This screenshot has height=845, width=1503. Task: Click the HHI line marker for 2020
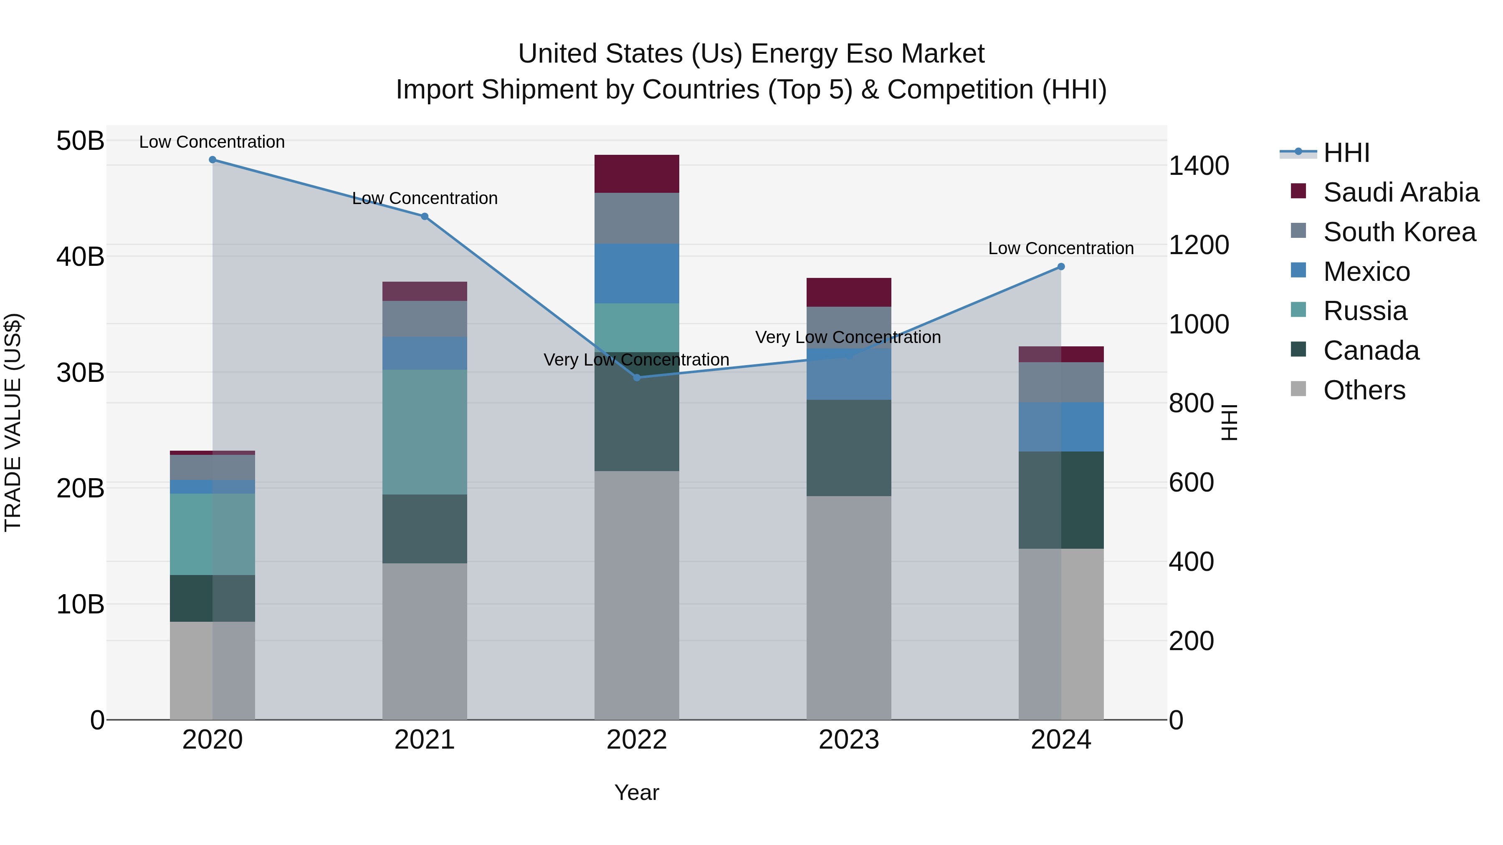coord(213,160)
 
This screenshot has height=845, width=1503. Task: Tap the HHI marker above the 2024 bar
coord(1061,267)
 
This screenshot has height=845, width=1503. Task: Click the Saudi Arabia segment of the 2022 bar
coord(637,174)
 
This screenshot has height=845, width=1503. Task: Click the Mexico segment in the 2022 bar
coord(637,273)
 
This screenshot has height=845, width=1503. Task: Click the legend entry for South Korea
coord(1399,232)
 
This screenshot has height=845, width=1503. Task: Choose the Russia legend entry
coord(1365,311)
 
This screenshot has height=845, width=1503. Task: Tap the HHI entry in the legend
coord(1346,153)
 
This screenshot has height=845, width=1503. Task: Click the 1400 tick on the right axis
coord(1198,166)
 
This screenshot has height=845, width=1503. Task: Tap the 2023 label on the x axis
coord(848,740)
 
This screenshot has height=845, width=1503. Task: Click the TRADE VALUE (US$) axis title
coord(13,422)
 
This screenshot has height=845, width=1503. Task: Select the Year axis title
coord(637,792)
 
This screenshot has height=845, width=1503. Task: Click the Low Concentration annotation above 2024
coord(1061,248)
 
